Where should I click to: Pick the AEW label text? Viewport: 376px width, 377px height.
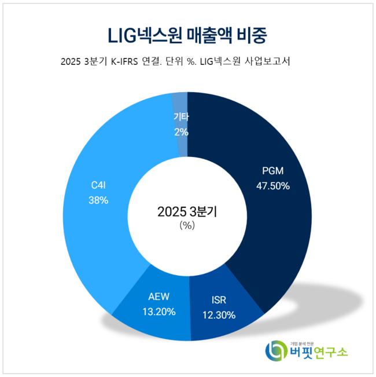[x=158, y=297]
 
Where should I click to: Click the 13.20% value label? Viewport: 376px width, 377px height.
[x=158, y=312]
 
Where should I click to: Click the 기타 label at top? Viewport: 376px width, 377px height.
[x=181, y=118]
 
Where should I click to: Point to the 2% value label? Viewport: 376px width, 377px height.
[x=181, y=131]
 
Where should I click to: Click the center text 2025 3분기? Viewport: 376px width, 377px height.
[x=187, y=211]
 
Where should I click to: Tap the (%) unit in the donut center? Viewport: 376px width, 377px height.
[x=187, y=226]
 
